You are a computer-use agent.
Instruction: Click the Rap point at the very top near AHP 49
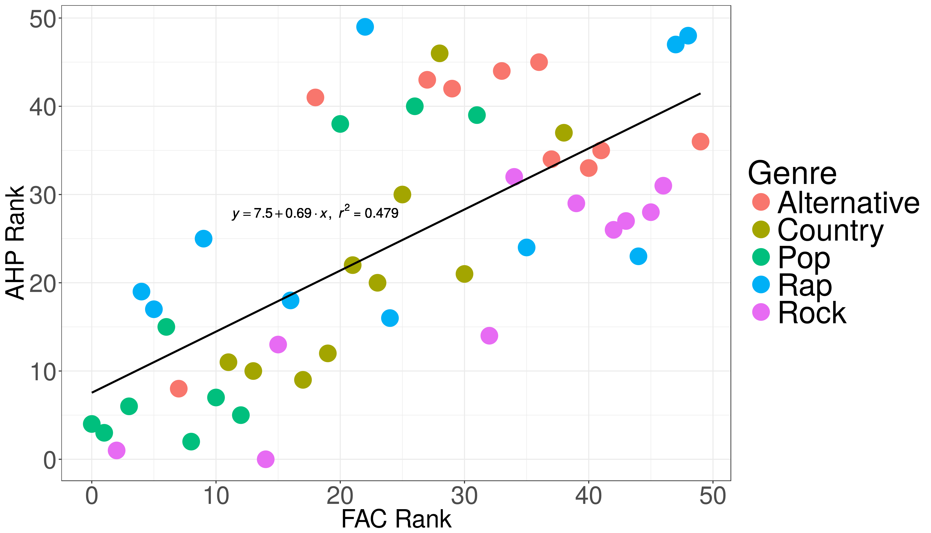[x=365, y=27]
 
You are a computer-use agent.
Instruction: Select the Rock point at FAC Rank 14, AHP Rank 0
[x=266, y=459]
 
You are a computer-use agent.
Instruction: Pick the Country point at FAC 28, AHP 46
[x=440, y=53]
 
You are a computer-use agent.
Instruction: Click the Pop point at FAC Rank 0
[x=92, y=424]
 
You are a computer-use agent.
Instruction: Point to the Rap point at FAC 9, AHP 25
[x=204, y=239]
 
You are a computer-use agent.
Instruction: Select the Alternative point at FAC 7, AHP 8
[x=179, y=389]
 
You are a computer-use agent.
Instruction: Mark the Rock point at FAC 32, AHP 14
[x=489, y=336]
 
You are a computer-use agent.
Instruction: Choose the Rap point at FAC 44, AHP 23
[x=638, y=256]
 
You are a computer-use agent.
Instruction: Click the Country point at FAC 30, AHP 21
[x=464, y=274]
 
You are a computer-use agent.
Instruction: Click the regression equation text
[x=315, y=213]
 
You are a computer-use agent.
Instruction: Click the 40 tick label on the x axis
[x=589, y=496]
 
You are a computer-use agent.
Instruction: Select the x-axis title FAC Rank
[x=396, y=519]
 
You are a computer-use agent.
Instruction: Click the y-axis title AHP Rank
[x=15, y=243]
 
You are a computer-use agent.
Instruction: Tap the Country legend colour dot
[x=761, y=230]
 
